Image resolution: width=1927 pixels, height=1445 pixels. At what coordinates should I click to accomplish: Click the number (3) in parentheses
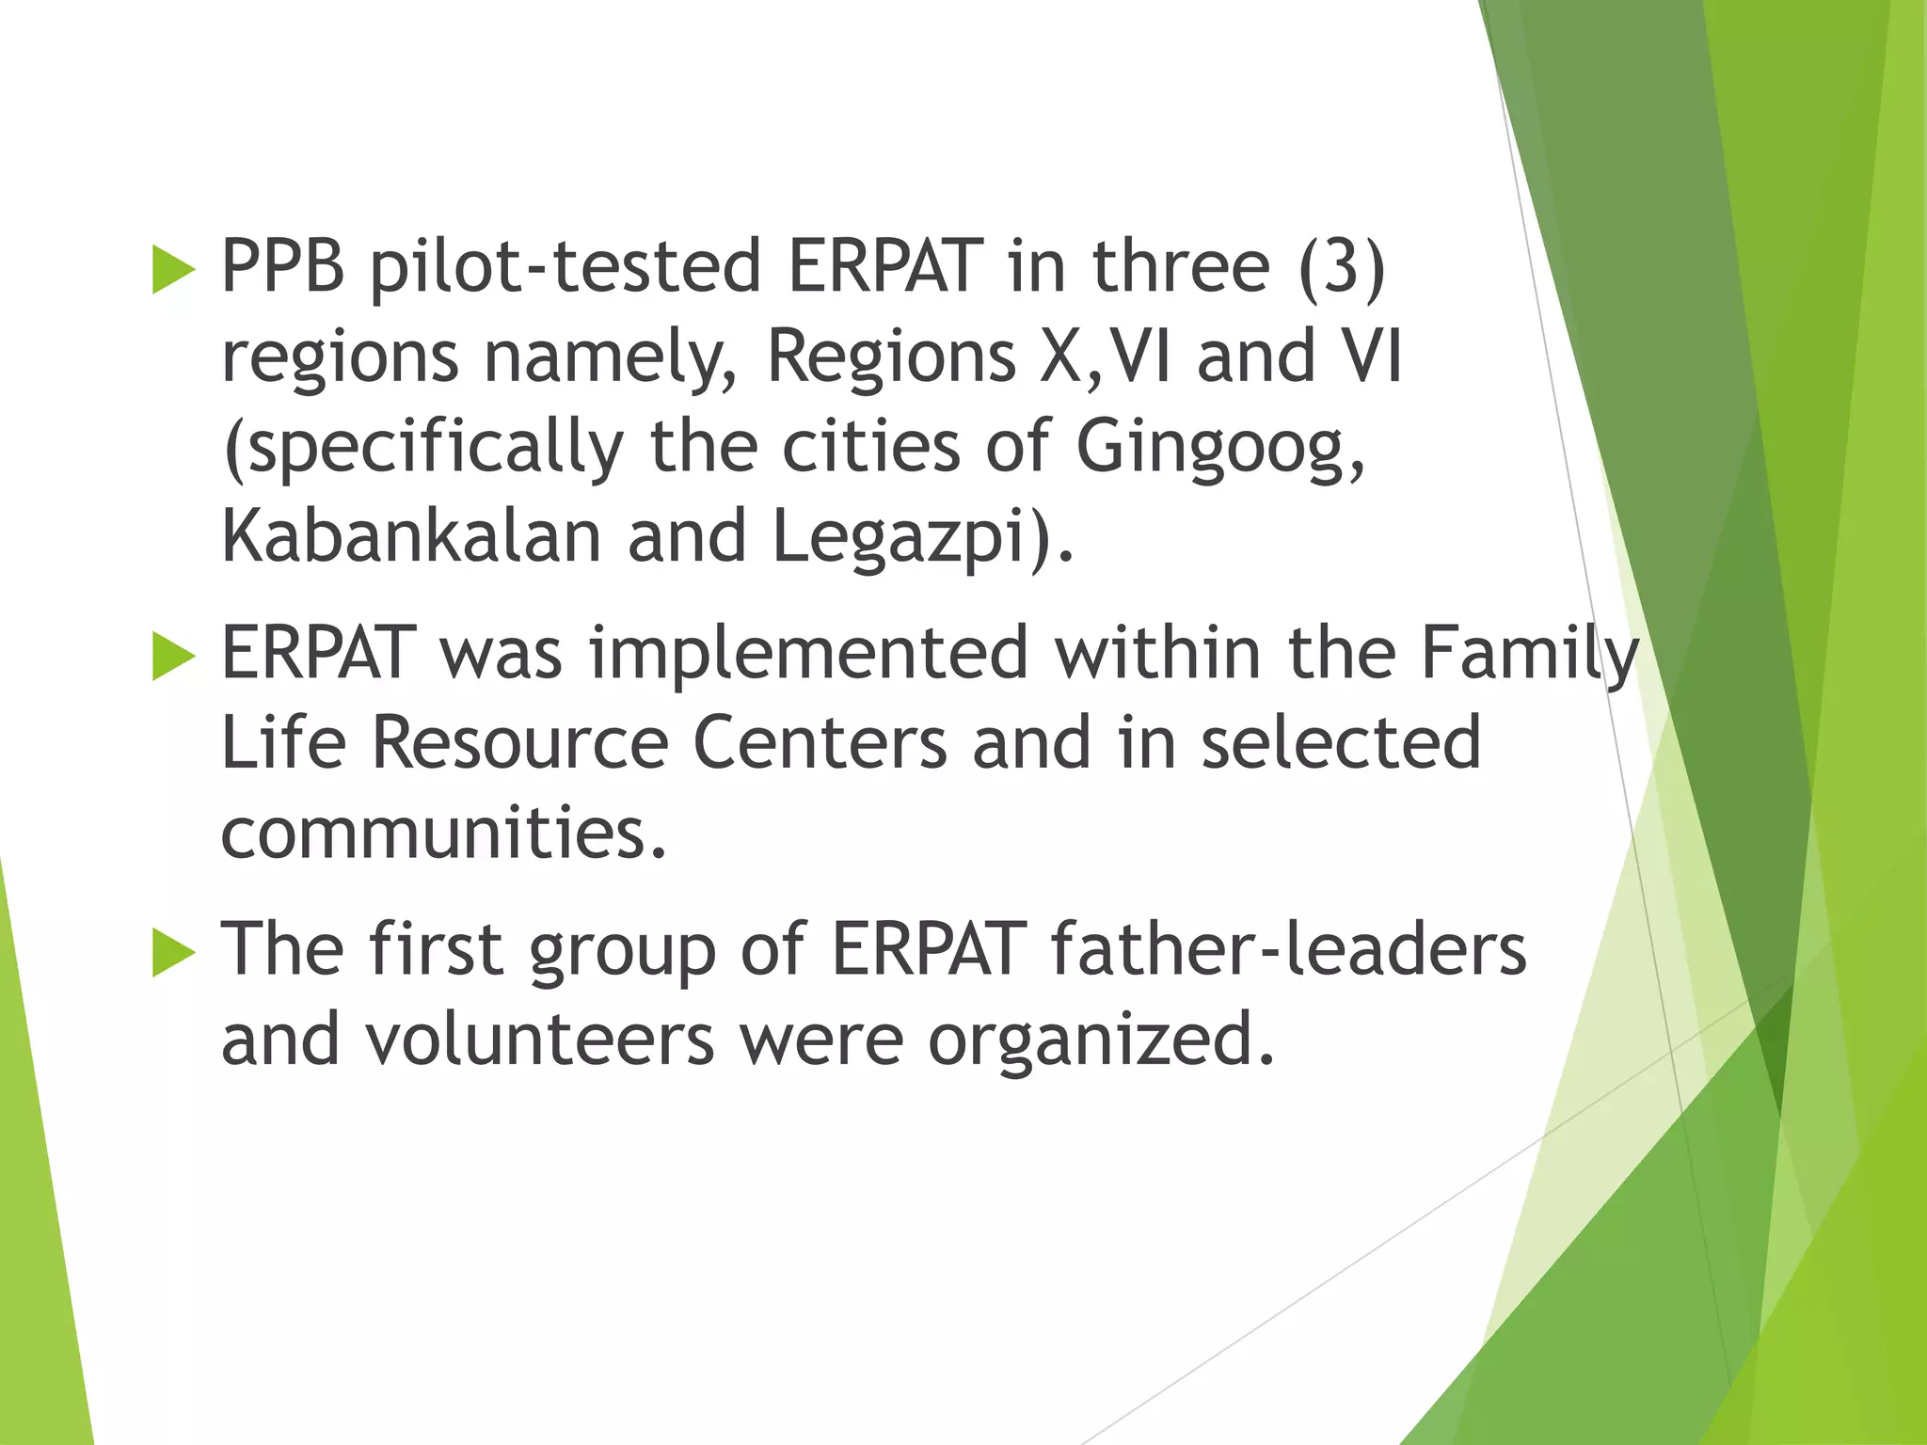point(1342,267)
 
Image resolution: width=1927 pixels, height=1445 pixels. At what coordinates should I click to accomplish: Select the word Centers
point(820,743)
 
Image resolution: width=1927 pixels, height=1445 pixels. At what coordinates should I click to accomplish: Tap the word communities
point(442,834)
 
